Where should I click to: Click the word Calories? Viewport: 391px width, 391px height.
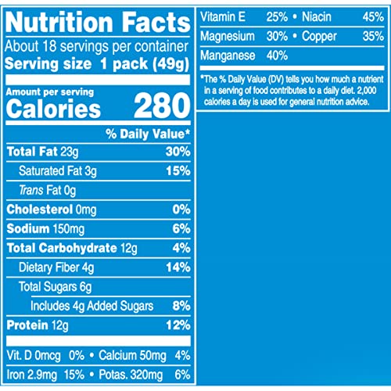coord(54,109)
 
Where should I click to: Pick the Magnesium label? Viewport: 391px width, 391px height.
coord(230,36)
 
